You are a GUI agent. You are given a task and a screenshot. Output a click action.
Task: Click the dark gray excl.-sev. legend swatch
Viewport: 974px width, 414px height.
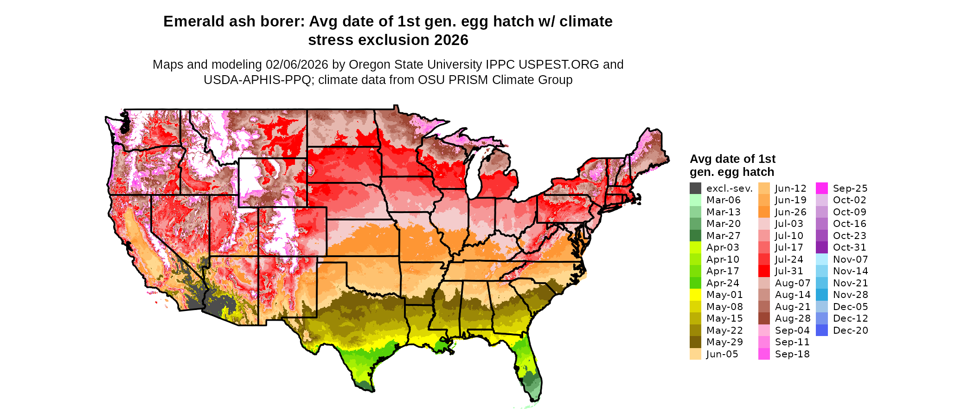(x=695, y=188)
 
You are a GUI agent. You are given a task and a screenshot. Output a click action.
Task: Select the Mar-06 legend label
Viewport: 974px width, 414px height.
(x=723, y=200)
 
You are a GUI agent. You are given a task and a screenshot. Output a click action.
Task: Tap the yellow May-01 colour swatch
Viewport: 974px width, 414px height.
(x=695, y=295)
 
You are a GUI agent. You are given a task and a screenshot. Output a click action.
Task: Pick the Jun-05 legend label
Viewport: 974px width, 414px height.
(x=722, y=354)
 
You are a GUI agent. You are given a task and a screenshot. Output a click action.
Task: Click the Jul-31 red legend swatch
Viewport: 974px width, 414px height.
(x=764, y=271)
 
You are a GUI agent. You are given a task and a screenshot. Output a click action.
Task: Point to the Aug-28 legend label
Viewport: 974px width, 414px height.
(x=792, y=318)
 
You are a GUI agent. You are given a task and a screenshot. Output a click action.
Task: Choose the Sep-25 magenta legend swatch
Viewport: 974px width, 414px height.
(x=821, y=188)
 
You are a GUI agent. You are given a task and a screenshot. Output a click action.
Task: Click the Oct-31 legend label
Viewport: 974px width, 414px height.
(x=849, y=247)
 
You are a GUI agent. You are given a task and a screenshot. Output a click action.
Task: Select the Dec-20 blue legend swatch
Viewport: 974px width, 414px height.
(x=821, y=330)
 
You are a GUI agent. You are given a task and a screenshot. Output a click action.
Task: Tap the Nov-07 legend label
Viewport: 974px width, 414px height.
(x=850, y=259)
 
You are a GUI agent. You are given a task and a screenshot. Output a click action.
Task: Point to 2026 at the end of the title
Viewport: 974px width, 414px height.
(x=451, y=40)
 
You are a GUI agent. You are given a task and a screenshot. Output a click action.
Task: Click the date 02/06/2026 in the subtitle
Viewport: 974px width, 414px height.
(x=296, y=65)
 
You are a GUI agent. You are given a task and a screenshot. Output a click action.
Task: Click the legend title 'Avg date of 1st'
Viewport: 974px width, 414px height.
(x=732, y=159)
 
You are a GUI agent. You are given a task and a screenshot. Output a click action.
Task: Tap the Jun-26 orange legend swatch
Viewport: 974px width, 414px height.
(x=764, y=212)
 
